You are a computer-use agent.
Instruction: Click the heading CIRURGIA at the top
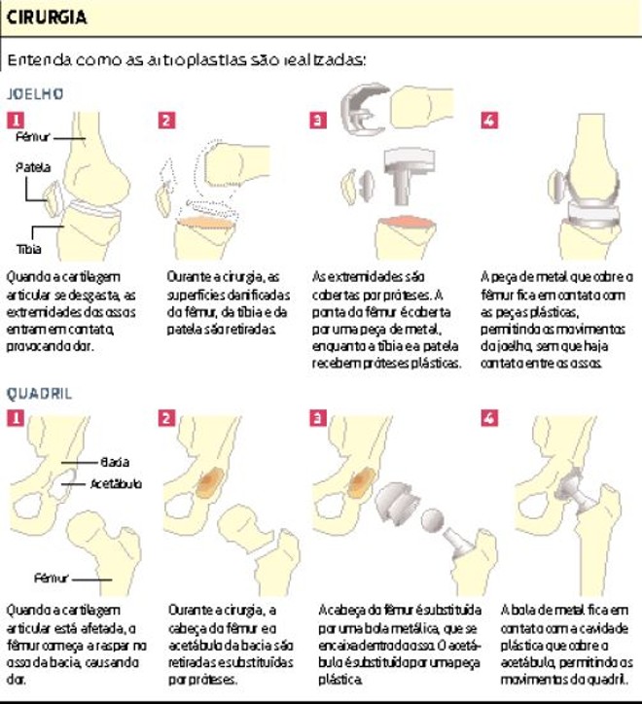[45, 18]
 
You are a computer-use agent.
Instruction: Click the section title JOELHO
[35, 94]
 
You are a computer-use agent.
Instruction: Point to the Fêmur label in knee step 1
[32, 138]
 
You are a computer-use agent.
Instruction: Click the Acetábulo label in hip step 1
[116, 483]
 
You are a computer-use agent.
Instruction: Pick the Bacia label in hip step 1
[114, 462]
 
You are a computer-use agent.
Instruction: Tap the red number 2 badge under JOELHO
[166, 121]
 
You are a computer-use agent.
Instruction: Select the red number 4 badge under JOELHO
[489, 121]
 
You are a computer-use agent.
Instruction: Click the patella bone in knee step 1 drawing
[53, 195]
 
